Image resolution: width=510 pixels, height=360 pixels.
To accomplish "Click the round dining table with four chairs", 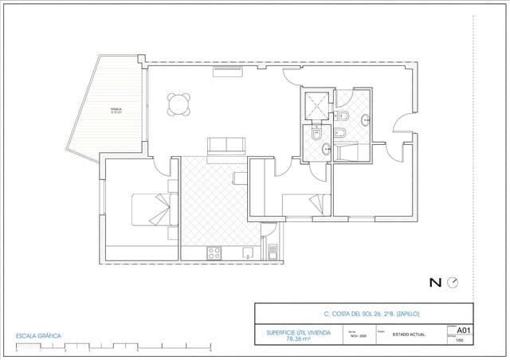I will click(178, 104).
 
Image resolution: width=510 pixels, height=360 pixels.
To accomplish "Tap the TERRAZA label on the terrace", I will click(116, 111).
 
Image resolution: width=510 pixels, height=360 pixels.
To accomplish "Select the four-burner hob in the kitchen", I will click(214, 253).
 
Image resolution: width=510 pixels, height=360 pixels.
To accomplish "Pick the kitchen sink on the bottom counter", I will click(248, 253).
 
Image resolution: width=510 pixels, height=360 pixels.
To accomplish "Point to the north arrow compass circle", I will click(453, 282).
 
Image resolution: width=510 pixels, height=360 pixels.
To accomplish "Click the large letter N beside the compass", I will click(435, 282).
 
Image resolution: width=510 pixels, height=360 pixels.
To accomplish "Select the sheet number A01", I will click(465, 330).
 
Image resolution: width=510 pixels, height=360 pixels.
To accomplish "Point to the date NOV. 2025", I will click(356, 335).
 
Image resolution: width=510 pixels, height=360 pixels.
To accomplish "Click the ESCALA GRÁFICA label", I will click(38, 335).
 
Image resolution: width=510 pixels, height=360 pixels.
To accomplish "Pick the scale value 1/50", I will click(460, 340).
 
